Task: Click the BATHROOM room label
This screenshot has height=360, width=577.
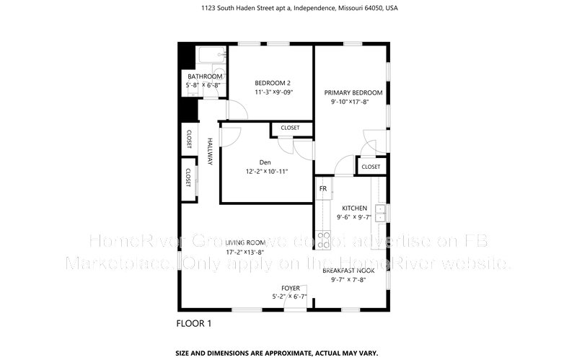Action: tap(205, 76)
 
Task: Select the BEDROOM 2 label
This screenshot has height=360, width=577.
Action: tap(273, 82)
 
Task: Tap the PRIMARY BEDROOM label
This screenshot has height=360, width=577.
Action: tap(353, 92)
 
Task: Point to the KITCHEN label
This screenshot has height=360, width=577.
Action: tap(354, 208)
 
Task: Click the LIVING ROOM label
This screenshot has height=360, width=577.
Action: tap(245, 242)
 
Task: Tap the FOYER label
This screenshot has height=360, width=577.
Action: tap(290, 288)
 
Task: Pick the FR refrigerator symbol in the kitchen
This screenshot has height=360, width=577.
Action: tap(322, 189)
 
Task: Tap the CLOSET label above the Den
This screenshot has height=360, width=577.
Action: tap(290, 128)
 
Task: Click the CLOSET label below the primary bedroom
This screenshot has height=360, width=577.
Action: tap(371, 167)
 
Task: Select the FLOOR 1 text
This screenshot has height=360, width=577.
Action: tap(194, 323)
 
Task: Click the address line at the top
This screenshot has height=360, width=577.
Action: tap(288, 9)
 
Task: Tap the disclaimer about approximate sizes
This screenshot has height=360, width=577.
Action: tap(288, 353)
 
